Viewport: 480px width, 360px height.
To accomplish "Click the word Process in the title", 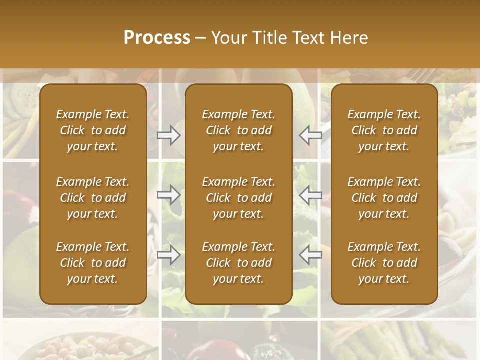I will (157, 38).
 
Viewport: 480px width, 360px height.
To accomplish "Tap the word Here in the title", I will (349, 38).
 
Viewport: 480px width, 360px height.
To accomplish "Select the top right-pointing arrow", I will (168, 135).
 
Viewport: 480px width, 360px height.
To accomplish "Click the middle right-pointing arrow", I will (168, 195).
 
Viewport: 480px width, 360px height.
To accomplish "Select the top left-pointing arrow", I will (310, 135).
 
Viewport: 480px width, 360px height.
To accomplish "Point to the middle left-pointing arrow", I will (310, 195).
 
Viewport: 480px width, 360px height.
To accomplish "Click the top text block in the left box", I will (93, 130).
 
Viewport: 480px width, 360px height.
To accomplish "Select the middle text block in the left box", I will (93, 198).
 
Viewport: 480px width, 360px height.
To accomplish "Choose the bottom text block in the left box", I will (93, 263).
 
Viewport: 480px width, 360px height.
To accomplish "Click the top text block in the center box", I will (238, 130).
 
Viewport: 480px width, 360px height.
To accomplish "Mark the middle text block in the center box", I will (238, 198).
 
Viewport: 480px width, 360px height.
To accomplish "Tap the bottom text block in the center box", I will (238, 263).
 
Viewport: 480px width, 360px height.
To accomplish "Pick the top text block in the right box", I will (384, 130).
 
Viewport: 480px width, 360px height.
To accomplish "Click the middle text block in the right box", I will (384, 198).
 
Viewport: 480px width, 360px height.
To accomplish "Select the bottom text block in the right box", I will (384, 263).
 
